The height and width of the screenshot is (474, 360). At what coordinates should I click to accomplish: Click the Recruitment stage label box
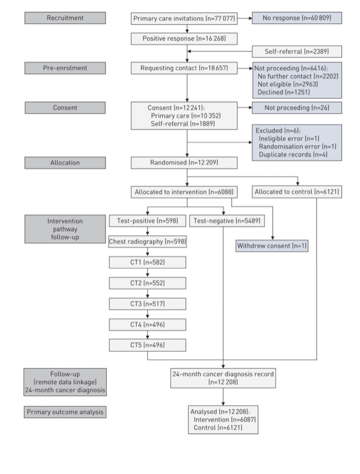click(x=65, y=18)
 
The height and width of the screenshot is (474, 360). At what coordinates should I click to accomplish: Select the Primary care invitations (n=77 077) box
click(x=184, y=19)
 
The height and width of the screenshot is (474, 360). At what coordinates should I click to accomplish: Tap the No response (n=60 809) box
click(x=297, y=18)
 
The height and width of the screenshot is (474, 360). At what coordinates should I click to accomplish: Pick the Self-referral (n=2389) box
click(x=297, y=51)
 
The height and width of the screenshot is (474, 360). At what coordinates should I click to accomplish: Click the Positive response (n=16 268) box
click(x=184, y=39)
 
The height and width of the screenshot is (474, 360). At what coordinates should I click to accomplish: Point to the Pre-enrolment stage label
click(x=65, y=68)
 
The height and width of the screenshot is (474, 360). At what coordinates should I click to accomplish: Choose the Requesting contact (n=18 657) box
click(x=184, y=68)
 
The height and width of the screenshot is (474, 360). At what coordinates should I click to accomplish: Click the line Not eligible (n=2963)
click(x=288, y=84)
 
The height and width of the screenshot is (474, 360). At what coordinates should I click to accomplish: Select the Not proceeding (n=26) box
click(x=297, y=108)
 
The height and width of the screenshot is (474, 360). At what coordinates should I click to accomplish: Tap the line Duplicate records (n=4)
click(x=293, y=155)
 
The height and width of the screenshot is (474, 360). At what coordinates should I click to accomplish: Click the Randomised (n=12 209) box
click(x=184, y=162)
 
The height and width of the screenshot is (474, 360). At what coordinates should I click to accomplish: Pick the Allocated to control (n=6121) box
click(x=297, y=192)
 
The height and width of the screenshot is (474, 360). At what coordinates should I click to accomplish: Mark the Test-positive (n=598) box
click(x=148, y=221)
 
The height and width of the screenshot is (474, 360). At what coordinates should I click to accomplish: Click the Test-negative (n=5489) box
click(x=227, y=221)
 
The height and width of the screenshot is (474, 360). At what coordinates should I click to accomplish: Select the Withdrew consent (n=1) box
click(x=272, y=246)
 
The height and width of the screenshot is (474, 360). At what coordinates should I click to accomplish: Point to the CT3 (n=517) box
click(x=148, y=304)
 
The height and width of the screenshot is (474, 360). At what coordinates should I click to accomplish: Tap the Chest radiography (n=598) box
click(x=148, y=242)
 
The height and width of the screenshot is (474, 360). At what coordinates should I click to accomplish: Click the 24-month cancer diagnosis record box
click(x=223, y=378)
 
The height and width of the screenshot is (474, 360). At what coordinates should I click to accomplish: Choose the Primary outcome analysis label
click(x=65, y=412)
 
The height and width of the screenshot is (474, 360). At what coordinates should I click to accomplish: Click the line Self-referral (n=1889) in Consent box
click(x=183, y=124)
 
